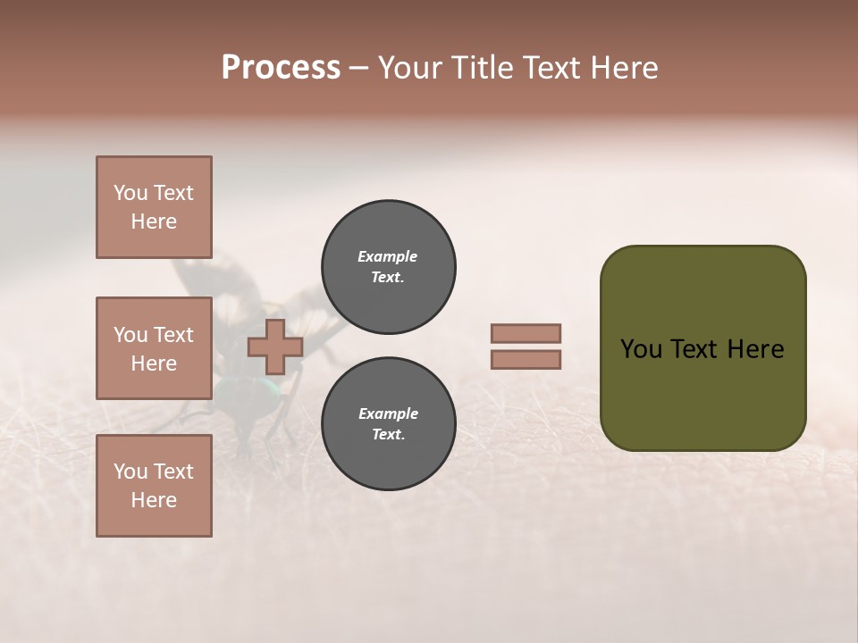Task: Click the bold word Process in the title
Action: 281,68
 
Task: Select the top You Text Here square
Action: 154,207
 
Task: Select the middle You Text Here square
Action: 154,348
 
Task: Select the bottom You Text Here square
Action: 154,485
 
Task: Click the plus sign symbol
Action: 274,347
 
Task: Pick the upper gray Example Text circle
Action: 388,267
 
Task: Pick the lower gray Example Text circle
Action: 388,423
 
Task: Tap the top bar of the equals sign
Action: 526,333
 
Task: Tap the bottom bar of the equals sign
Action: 526,360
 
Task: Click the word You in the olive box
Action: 640,349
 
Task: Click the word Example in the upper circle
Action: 388,256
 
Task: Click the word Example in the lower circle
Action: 388,413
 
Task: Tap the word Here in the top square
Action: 154,221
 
